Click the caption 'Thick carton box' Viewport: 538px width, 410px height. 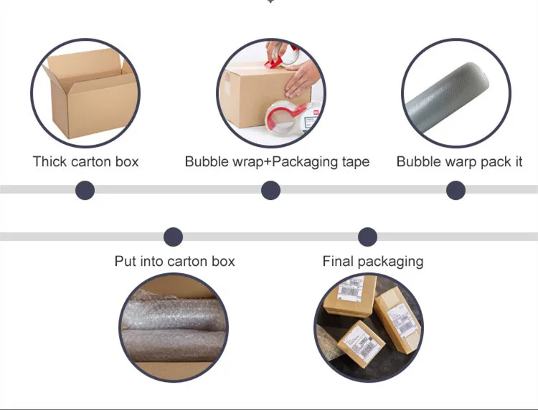[x=85, y=161]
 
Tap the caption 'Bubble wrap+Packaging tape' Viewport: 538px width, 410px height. [x=277, y=161]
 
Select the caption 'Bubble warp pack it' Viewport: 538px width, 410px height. [x=459, y=161]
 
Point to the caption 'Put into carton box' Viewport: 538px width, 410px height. [x=174, y=261]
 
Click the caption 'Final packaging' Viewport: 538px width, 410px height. [x=372, y=261]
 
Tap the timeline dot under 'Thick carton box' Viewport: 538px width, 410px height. [x=85, y=190]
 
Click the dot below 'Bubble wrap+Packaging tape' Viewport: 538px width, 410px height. [x=270, y=190]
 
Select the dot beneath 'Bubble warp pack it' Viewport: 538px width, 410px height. [x=456, y=190]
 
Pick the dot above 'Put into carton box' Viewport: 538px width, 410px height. [x=173, y=237]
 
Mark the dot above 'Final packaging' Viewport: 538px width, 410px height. [x=367, y=237]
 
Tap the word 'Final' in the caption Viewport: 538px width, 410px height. [x=336, y=261]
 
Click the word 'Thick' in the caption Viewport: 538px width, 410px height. [x=50, y=161]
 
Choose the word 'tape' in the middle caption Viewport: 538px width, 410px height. [x=354, y=161]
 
